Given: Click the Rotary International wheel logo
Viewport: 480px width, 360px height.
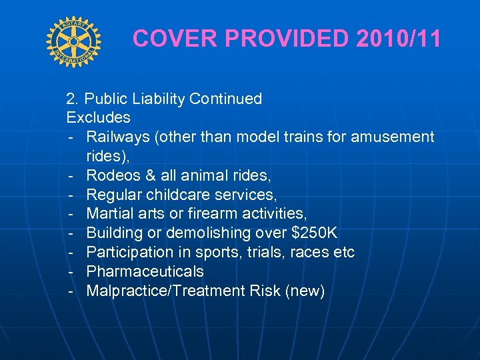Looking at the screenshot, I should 73,41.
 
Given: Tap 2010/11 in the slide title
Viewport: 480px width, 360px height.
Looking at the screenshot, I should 399,39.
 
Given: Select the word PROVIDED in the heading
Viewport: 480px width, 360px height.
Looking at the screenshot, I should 287,39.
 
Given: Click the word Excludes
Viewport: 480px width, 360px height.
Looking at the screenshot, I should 98,118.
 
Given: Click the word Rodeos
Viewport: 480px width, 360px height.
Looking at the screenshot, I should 111,176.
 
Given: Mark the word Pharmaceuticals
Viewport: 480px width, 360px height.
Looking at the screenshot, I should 145,272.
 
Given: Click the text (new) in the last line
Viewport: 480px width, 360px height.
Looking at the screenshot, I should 305,291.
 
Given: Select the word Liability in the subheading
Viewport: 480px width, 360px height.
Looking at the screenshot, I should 159,99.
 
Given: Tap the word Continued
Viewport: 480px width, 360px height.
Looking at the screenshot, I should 226,99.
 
